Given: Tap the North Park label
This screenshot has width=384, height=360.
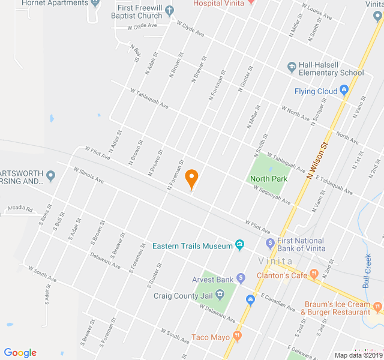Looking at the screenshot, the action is coord(269,179).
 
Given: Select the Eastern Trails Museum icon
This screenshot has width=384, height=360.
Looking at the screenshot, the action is coord(240,245).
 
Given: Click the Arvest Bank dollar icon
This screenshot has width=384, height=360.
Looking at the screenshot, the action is coord(241,278).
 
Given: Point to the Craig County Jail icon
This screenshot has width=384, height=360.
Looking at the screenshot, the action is coord(220,295).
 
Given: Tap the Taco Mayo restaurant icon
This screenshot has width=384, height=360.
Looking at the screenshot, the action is coord(238,337).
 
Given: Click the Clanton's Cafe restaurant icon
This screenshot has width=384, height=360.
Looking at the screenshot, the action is coord(313,275).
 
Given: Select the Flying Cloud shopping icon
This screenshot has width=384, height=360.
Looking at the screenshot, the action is coord(344,91).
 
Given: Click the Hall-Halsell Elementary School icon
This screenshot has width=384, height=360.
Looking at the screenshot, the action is coord(292,67).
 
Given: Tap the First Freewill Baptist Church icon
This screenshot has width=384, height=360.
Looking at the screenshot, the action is coord(170,10).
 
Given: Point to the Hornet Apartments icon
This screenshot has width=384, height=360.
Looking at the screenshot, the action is coord(96,3).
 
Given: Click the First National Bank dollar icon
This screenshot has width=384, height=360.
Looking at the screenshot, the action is coord(270,244).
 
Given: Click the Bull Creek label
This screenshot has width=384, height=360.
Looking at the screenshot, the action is coord(368,271).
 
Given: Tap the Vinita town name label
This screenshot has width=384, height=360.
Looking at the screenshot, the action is coord(275,261).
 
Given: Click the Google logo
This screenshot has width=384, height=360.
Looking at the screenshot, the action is coord(20,353).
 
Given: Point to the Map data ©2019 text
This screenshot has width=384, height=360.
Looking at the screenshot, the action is coord(357,355).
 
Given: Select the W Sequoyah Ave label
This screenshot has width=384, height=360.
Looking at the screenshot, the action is coord(271,195).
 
